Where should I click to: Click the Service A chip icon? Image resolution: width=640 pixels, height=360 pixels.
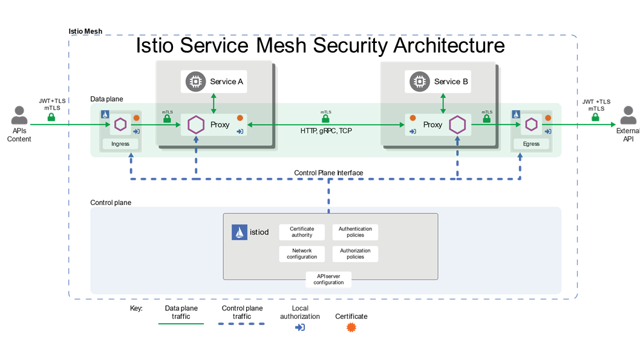[195, 81]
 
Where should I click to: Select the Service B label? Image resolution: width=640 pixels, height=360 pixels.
[451, 81]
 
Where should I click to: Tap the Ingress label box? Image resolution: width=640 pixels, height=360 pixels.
[120, 144]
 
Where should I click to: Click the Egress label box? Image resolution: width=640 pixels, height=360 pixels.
[532, 144]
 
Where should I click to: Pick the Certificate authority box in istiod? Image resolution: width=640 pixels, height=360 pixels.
[302, 232]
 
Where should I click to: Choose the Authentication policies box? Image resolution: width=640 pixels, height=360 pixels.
[355, 232]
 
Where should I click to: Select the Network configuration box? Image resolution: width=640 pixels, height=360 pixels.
[302, 254]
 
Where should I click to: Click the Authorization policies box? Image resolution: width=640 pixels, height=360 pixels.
[355, 254]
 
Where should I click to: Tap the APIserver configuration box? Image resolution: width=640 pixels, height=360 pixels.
[328, 279]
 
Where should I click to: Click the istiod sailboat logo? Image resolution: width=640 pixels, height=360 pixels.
[240, 232]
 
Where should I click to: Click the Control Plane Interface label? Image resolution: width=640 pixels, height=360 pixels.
[328, 173]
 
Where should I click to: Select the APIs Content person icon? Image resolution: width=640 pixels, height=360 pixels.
[19, 115]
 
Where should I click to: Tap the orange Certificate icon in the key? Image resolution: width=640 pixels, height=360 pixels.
[351, 327]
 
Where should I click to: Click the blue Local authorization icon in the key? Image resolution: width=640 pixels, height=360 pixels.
[299, 327]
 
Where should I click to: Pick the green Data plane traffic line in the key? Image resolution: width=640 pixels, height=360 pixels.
[181, 324]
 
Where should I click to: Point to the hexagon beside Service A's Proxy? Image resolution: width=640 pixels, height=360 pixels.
[195, 125]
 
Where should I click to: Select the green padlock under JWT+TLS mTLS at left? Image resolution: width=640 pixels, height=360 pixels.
[51, 116]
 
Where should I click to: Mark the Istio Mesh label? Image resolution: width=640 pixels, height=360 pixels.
[85, 31]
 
